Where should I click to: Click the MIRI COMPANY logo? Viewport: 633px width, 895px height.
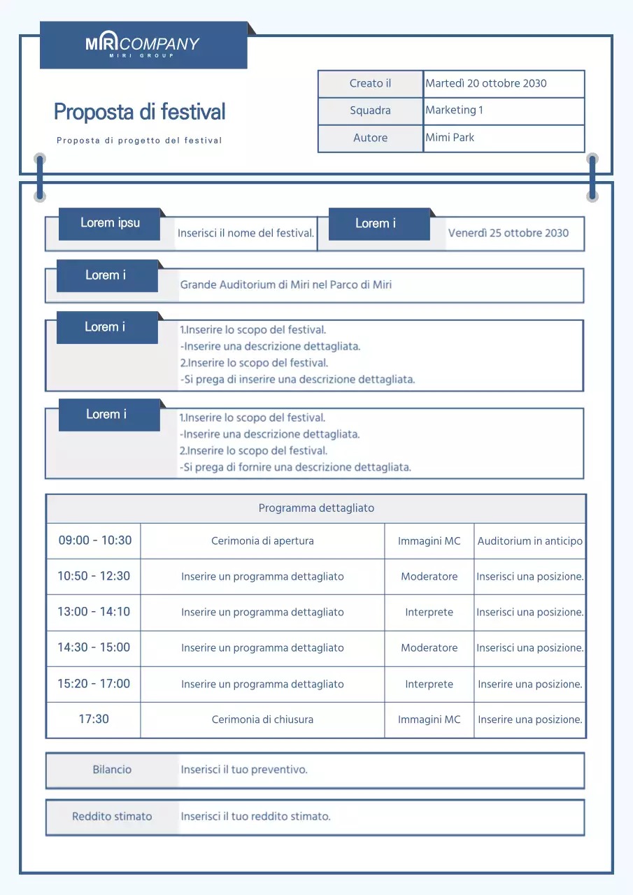point(143,45)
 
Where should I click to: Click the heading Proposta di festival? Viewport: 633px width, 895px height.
point(140,112)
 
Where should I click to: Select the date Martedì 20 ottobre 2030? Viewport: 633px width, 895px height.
point(486,83)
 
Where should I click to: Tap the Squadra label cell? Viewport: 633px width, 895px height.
point(370,110)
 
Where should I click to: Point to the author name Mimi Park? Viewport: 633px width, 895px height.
point(450,138)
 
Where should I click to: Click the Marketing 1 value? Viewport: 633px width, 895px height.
point(454,110)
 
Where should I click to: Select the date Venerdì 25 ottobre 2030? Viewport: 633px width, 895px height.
point(508,233)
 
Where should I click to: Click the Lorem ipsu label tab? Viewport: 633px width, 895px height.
point(110,223)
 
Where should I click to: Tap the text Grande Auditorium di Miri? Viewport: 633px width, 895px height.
point(286,285)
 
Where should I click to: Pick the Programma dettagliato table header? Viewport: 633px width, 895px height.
point(316,508)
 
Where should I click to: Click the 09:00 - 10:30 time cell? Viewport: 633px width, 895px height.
point(94,540)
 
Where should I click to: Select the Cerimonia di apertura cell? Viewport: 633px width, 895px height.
point(262,540)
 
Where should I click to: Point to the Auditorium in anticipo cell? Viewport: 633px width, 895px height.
point(529,540)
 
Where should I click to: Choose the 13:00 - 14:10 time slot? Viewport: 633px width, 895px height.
point(94,612)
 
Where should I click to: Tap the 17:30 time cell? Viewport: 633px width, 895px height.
point(94,719)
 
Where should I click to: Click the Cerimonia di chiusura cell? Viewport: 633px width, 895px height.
point(262,719)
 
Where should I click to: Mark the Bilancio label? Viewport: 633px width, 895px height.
point(112,770)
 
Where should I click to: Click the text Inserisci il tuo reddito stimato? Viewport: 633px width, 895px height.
point(255,816)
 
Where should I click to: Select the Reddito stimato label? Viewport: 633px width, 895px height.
point(112,816)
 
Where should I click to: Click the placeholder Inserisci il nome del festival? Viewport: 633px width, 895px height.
point(246,233)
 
